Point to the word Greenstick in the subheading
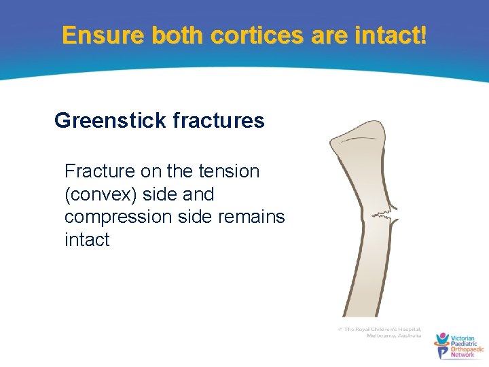click(x=110, y=121)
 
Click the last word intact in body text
click(x=86, y=240)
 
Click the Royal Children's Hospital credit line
click(x=382, y=329)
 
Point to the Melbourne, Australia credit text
click(x=393, y=336)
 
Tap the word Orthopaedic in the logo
click(x=467, y=349)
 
